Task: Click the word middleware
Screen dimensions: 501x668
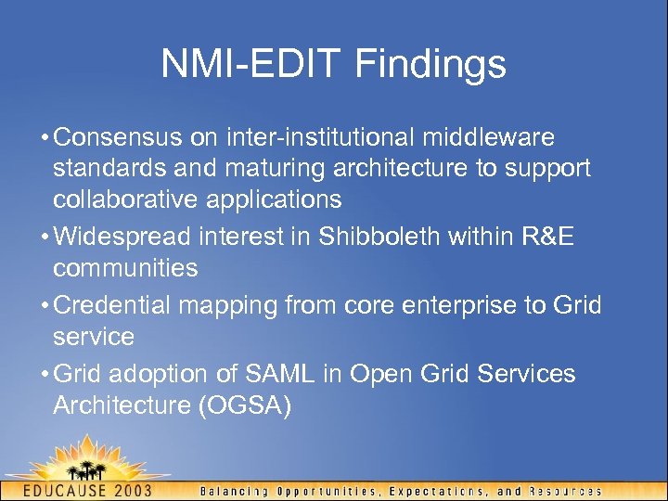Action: pos(489,138)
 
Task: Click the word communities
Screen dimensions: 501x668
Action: pos(125,269)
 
